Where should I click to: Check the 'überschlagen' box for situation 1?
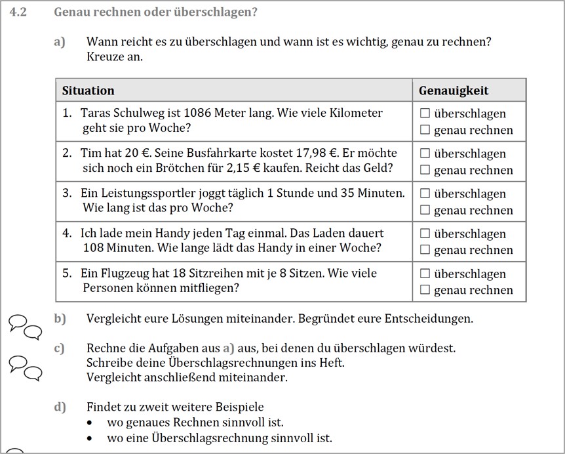[x=425, y=113]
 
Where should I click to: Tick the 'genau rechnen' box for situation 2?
[x=425, y=170]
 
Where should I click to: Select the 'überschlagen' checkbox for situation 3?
[x=425, y=194]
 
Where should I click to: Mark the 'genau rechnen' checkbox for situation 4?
[x=425, y=250]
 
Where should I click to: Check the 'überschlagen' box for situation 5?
[x=425, y=274]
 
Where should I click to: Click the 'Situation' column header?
[x=88, y=91]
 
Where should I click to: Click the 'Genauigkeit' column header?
[x=454, y=91]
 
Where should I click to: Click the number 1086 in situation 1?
[x=199, y=113]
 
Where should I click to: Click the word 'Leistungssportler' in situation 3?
[x=142, y=194]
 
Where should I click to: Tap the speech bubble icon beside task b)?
[x=26, y=326]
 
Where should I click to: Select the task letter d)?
[x=60, y=407]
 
